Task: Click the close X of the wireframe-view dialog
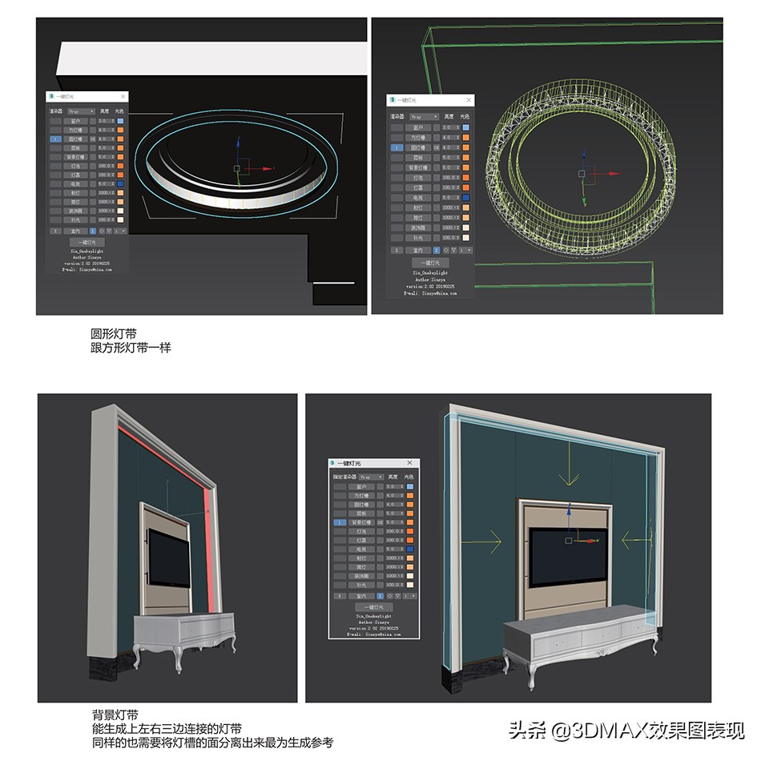(x=469, y=100)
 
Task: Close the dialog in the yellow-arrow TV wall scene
(x=410, y=463)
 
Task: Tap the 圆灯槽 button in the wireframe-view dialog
(x=417, y=147)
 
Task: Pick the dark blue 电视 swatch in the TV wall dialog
(x=410, y=550)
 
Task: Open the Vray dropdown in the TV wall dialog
(x=368, y=477)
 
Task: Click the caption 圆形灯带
(x=113, y=333)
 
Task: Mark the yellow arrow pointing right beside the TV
(x=486, y=542)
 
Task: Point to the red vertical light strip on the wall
(x=208, y=553)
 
